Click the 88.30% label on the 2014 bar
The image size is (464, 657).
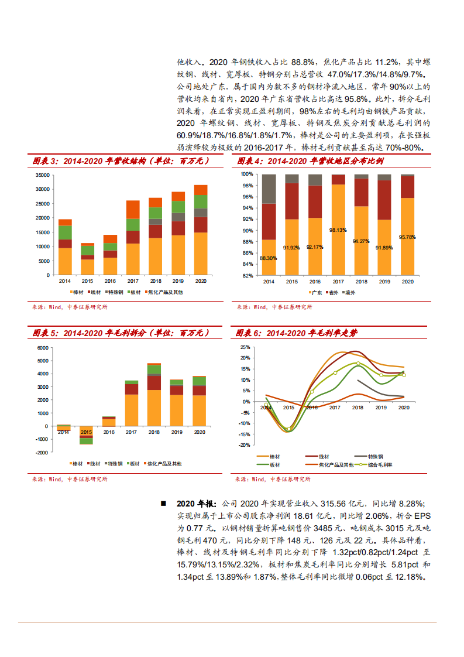[269, 258]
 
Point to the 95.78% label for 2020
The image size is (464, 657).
[407, 237]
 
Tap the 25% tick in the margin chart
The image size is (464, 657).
[245, 347]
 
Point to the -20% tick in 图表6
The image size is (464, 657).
[244, 445]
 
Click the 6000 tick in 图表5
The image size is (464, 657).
[43, 348]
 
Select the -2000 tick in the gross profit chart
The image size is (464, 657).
[42, 452]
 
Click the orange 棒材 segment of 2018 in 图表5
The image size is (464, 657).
[154, 408]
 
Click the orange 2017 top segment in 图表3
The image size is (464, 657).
[133, 209]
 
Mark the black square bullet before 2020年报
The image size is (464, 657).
[163, 504]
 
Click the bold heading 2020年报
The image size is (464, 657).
[197, 504]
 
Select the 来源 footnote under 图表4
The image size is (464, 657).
[273, 306]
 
